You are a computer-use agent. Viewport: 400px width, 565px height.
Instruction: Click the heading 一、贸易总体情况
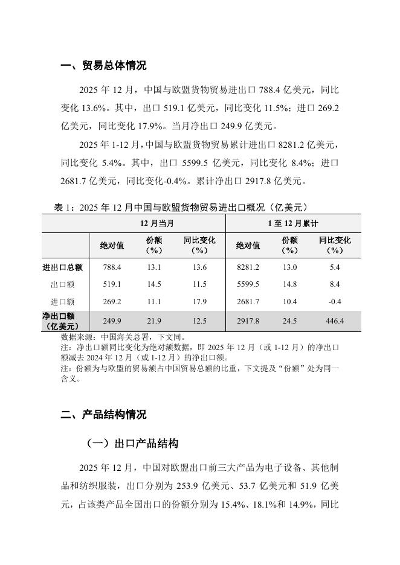pyautogui.click(x=103, y=66)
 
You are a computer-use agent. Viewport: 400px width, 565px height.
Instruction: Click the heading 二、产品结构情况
pyautogui.click(x=103, y=415)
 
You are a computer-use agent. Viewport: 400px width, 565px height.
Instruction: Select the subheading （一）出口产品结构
pyautogui.click(x=132, y=444)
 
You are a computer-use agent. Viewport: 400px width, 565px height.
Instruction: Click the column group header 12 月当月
pyautogui.click(x=158, y=223)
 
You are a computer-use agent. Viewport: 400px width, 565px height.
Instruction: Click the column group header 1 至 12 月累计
pyautogui.click(x=293, y=223)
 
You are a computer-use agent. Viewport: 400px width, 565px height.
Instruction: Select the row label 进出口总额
pyautogui.click(x=63, y=267)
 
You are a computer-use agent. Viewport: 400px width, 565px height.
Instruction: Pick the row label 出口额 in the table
pyautogui.click(x=63, y=284)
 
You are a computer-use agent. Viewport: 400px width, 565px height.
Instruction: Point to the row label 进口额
pyautogui.click(x=63, y=302)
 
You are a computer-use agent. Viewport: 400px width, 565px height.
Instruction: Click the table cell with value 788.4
pyautogui.click(x=112, y=267)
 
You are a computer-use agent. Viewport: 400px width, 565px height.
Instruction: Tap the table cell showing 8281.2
pyautogui.click(x=248, y=267)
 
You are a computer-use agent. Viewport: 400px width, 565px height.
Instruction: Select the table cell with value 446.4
pyautogui.click(x=335, y=321)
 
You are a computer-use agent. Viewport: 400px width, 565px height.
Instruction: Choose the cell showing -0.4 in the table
pyautogui.click(x=335, y=302)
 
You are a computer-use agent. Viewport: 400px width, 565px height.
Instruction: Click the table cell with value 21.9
pyautogui.click(x=154, y=321)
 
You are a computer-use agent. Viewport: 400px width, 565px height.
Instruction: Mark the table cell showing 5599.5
pyautogui.click(x=248, y=284)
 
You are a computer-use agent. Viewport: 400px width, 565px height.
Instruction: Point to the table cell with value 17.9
pyautogui.click(x=199, y=302)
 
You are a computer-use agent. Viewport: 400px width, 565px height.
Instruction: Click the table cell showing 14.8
pyautogui.click(x=290, y=284)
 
